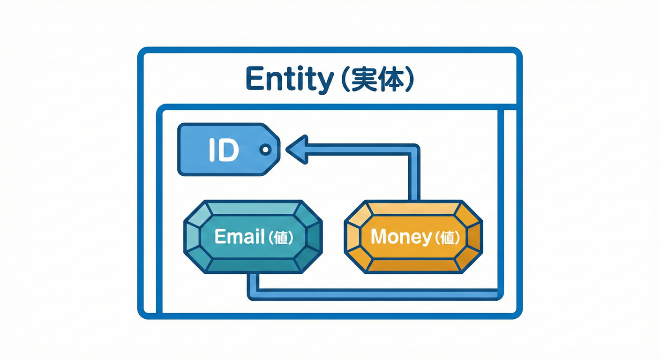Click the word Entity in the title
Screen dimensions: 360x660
coord(289,80)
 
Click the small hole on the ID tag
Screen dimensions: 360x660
coord(265,150)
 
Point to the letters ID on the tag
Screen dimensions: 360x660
coord(223,150)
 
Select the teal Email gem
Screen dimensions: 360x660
coord(253,237)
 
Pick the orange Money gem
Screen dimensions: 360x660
coord(413,237)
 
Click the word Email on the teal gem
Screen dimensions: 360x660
coord(239,237)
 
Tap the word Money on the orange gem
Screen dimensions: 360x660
coord(400,237)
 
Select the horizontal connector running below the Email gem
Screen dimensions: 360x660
coord(375,294)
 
